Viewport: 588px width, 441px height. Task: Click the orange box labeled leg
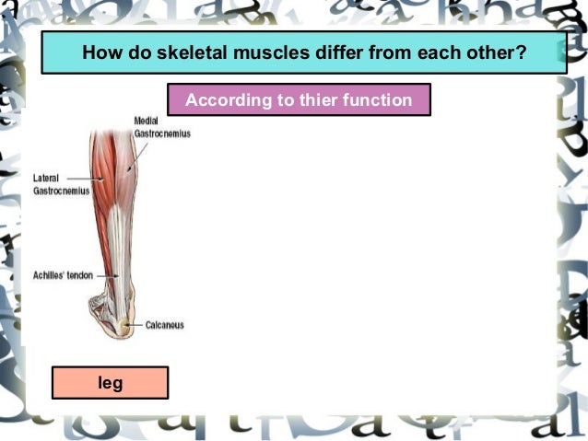[x=110, y=382]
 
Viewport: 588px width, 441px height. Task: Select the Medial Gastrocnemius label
[x=161, y=127]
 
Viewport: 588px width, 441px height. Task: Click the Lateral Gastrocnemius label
[x=54, y=183]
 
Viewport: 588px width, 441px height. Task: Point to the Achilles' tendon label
[x=61, y=274]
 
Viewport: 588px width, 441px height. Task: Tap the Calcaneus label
[x=165, y=324]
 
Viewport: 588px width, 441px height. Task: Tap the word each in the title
[x=439, y=52]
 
